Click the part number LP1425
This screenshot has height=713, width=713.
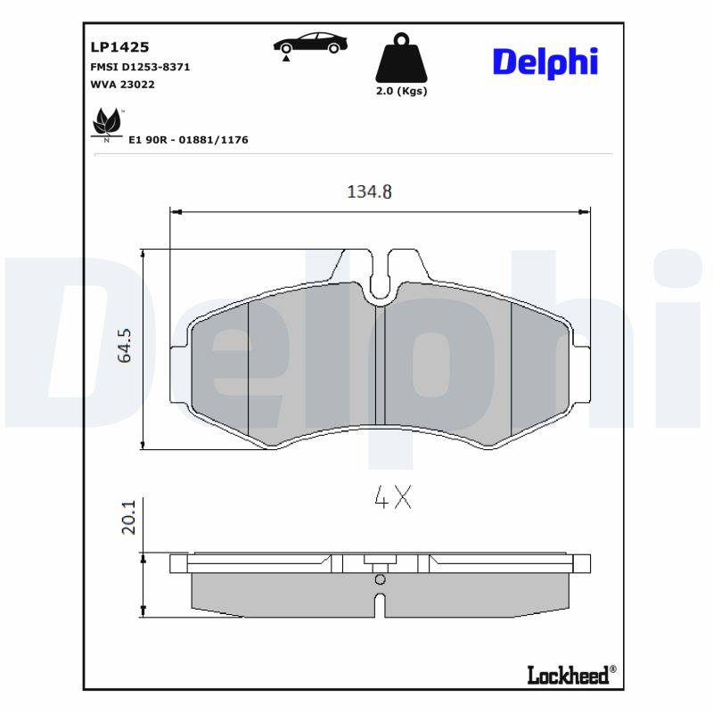point(119,46)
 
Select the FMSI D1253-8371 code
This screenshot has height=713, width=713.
point(140,67)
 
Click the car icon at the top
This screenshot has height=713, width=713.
point(310,44)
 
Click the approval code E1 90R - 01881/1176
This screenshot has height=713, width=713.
point(188,140)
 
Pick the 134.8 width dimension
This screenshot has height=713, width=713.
point(369,192)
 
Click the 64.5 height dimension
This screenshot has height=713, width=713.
point(125,345)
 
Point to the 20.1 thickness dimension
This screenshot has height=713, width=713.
point(127,517)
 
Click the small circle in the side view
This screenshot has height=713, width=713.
point(380,579)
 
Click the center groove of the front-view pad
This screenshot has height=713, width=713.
point(379,365)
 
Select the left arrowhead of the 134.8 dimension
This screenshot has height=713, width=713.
point(176,212)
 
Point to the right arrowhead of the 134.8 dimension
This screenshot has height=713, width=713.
point(585,212)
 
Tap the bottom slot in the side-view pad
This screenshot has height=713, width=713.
point(380,603)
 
